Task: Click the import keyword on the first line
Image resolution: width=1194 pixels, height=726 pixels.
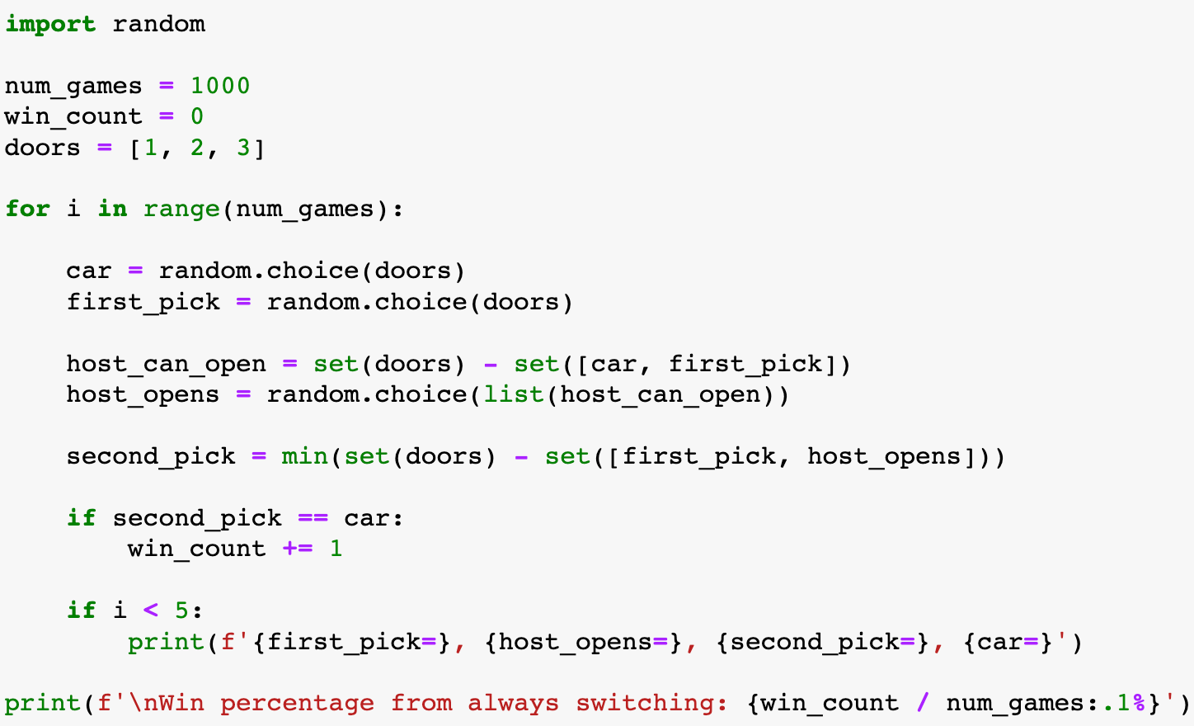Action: [x=49, y=24]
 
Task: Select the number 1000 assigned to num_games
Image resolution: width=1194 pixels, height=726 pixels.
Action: [x=220, y=86]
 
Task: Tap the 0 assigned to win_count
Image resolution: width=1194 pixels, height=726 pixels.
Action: [x=197, y=116]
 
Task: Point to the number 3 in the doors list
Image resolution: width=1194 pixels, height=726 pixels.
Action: [x=243, y=148]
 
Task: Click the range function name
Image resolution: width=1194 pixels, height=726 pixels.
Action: [x=181, y=209]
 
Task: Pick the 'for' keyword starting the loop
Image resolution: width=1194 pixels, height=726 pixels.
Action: [x=27, y=209]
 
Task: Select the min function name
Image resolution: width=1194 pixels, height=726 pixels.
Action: [x=304, y=456]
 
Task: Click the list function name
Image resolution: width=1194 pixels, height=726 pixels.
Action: [x=513, y=394]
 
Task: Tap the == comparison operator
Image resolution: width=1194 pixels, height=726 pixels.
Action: [x=313, y=518]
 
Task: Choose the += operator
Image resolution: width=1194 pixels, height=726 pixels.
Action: [x=297, y=549]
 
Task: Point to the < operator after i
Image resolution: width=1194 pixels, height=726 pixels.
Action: [x=150, y=610]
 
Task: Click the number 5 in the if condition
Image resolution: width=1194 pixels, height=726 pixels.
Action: [x=181, y=610]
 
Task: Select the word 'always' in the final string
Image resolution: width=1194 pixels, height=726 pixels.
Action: [x=513, y=703]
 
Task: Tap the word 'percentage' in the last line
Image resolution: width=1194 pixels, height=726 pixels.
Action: [x=297, y=703]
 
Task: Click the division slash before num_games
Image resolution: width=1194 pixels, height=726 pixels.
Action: [x=922, y=703]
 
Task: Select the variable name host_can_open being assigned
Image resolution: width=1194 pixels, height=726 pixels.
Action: [x=166, y=364]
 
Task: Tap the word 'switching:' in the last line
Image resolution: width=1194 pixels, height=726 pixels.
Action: [x=651, y=703]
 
